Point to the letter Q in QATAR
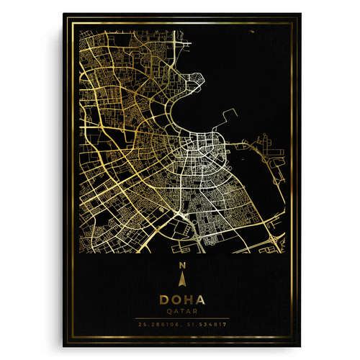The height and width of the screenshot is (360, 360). [x=167, y=312]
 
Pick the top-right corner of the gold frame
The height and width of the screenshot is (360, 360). [x=293, y=19]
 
